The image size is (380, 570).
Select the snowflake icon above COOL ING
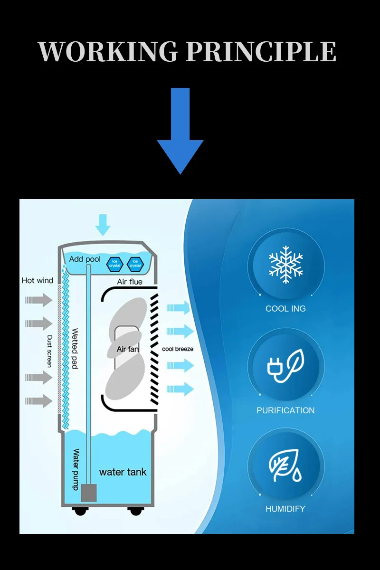pos(285,265)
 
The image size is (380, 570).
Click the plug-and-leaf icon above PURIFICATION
pos(285,366)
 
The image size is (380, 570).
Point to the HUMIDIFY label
pos(285,509)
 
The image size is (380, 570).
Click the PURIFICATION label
pos(285,410)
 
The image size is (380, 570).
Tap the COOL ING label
pos(285,309)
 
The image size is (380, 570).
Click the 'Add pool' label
pos(85,259)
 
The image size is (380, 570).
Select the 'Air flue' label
pos(130,282)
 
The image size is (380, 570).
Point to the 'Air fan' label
pos(128,349)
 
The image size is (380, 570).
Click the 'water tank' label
pos(123,472)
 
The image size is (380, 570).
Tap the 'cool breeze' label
pos(178,349)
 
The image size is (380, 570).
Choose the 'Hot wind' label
pos(38,280)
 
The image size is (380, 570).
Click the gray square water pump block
pos(89,493)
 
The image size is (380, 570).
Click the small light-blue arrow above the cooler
pos(103,225)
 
